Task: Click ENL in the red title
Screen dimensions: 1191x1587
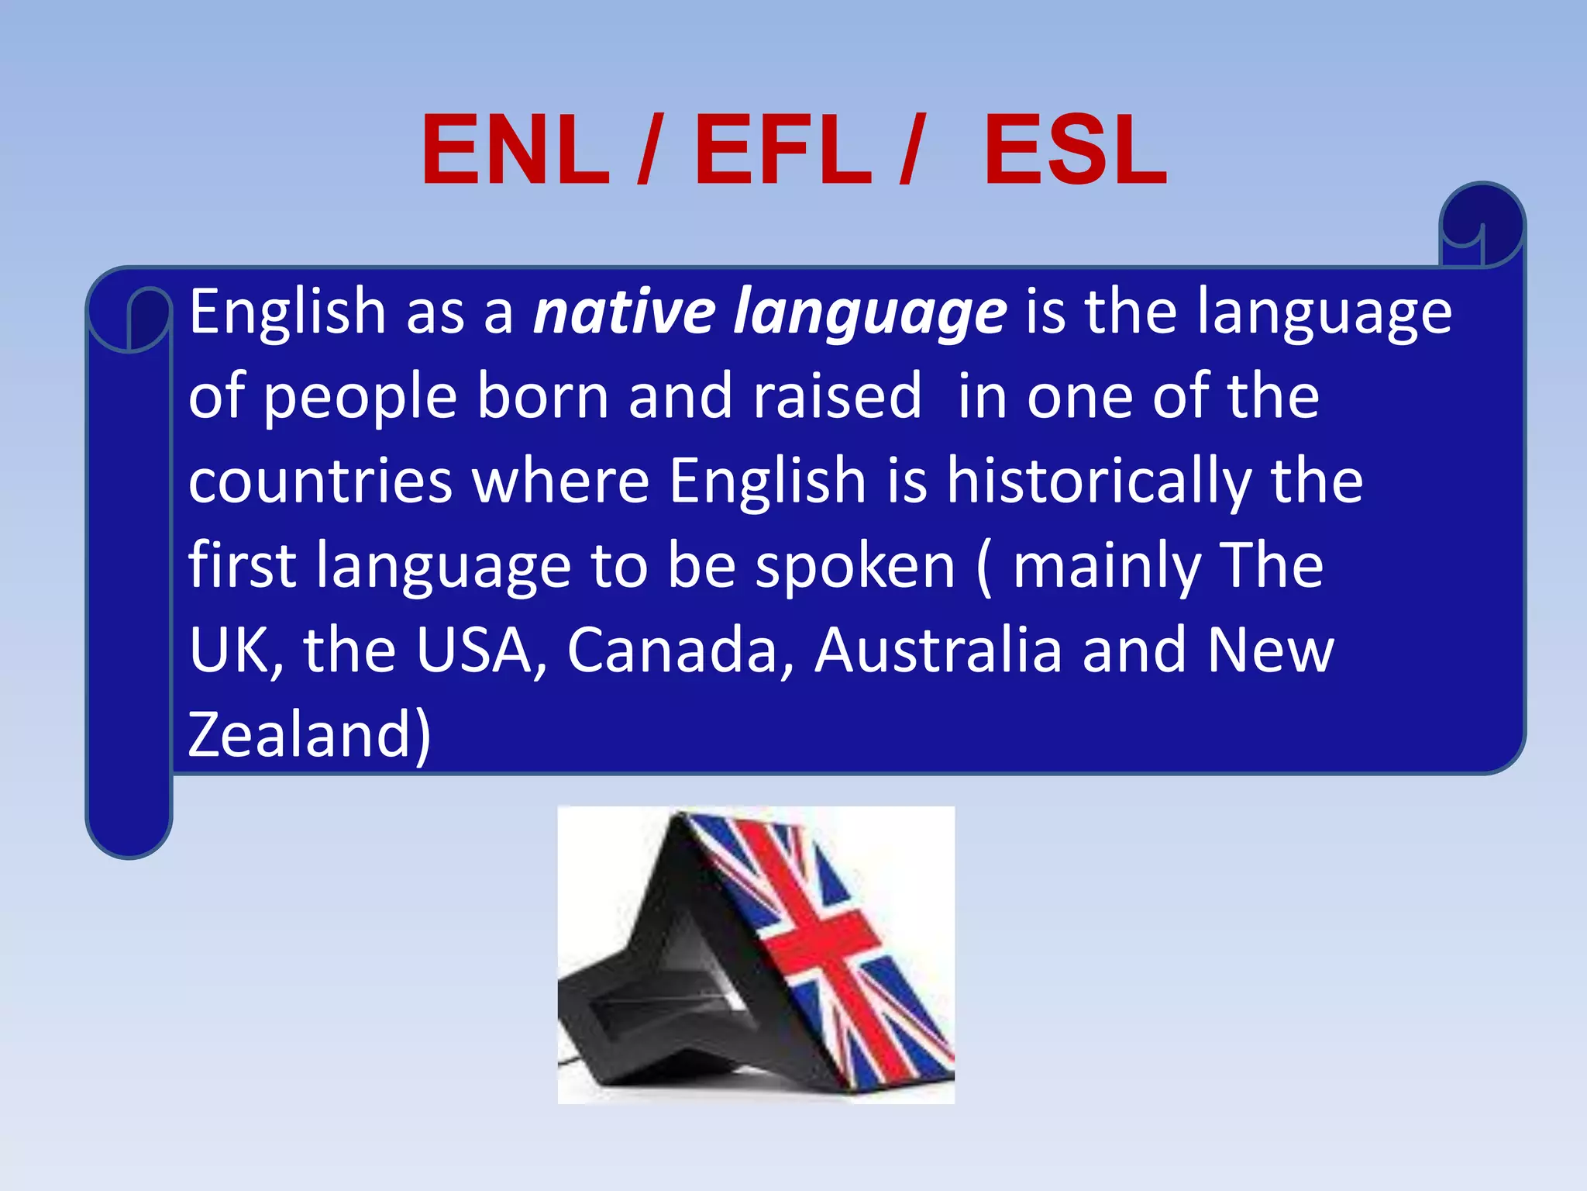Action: [x=515, y=150]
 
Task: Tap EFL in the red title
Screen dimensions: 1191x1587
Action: [x=783, y=150]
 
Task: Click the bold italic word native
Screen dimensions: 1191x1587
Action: [x=624, y=312]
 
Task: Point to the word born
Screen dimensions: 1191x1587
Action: [x=542, y=396]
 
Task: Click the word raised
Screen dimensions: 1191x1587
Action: [x=838, y=396]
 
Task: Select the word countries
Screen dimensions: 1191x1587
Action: [x=320, y=481]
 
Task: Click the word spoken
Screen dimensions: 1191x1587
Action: [x=855, y=567]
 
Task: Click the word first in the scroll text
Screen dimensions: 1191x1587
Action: [x=242, y=565]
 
